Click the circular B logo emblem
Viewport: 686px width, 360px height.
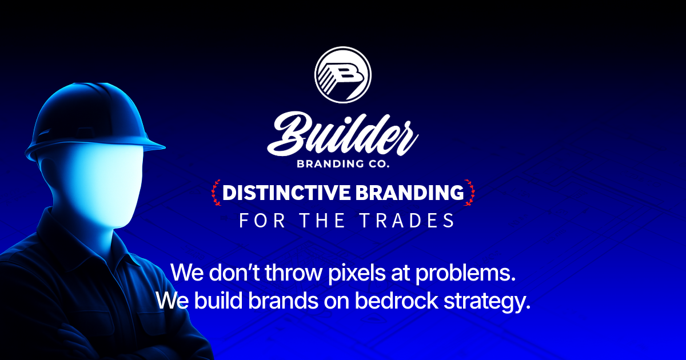[x=343, y=75]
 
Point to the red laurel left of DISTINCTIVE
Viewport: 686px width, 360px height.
[x=216, y=193]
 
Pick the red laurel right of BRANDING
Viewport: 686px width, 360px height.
[x=470, y=193]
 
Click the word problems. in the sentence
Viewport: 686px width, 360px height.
[x=466, y=273]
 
